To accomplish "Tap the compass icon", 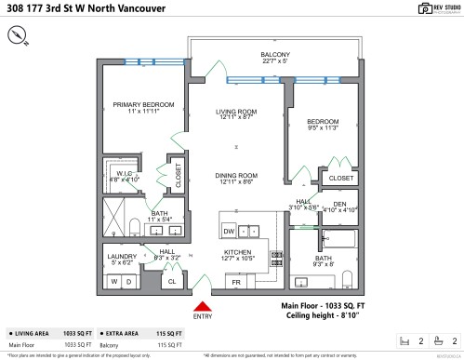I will [x=18, y=34].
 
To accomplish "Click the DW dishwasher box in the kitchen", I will [x=229, y=231].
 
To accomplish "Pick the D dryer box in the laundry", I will [x=129, y=280].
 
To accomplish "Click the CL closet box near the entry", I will [x=173, y=280].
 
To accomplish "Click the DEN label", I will [x=339, y=205].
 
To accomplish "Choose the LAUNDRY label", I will [x=122, y=258].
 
